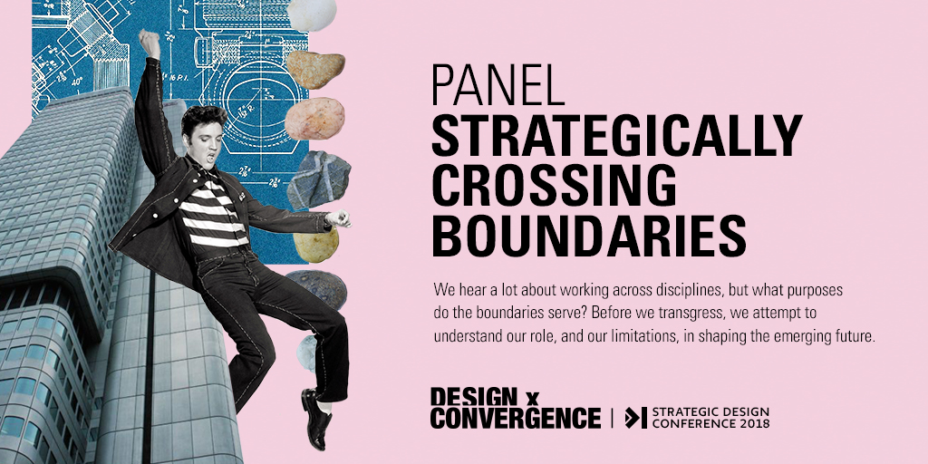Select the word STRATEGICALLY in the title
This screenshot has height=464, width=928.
[x=617, y=135]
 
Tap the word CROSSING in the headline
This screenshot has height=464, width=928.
[x=554, y=185]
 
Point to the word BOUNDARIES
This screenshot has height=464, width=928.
[x=589, y=236]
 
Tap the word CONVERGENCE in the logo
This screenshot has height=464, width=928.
[x=516, y=418]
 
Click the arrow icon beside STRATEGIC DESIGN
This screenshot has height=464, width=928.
[x=635, y=418]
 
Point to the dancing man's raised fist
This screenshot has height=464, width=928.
[x=150, y=43]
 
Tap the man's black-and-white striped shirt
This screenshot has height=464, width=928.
[x=212, y=213]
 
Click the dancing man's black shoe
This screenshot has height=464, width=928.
[x=315, y=416]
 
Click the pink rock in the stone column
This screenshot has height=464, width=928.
[x=314, y=119]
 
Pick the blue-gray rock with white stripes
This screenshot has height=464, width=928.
[x=319, y=180]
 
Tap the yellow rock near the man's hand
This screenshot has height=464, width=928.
[x=316, y=244]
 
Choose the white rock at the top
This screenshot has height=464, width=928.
[x=312, y=14]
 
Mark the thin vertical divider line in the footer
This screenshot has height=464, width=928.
[x=613, y=418]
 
